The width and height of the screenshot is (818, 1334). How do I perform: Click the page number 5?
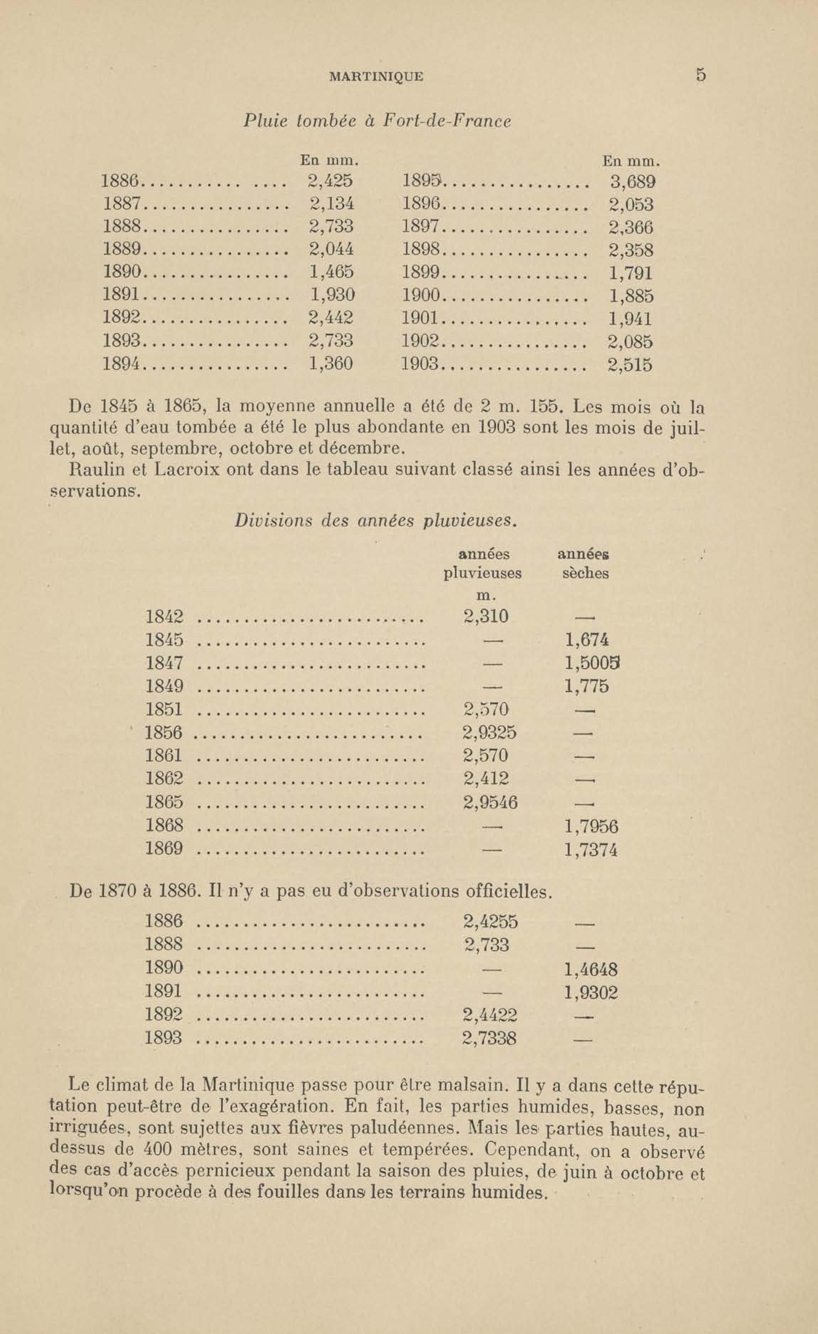click(701, 75)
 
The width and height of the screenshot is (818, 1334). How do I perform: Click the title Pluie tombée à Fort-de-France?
click(377, 121)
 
